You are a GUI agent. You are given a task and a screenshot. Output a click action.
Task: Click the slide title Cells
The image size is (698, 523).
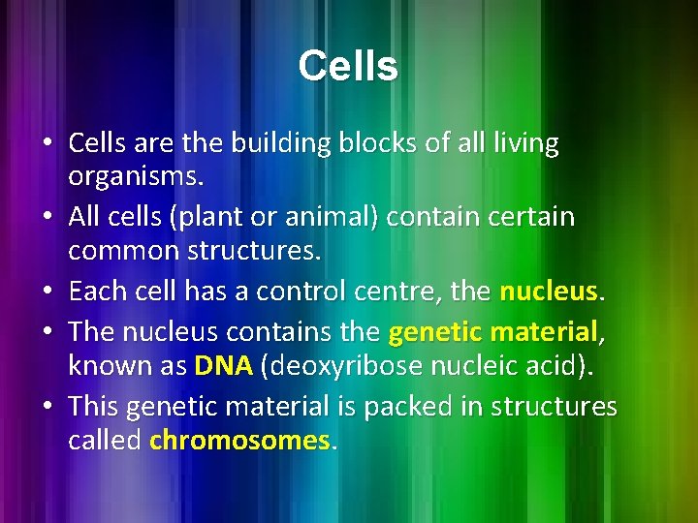coord(348,67)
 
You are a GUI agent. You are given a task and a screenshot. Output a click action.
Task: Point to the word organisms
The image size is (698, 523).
coord(137,178)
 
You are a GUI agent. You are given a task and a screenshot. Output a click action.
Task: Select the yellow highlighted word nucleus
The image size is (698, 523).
coord(548,292)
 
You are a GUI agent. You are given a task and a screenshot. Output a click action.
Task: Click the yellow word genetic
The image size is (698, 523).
coord(434,332)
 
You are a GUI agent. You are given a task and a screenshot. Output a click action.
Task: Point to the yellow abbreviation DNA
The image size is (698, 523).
coord(223,366)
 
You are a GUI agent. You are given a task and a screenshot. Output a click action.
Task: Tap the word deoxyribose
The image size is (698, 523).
coord(335,366)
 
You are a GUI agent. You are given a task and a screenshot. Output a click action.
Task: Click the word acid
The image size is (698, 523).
coord(547,366)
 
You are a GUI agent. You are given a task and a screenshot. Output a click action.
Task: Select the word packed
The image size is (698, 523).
coord(389,407)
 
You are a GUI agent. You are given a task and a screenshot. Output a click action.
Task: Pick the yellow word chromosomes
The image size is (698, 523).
coord(238,441)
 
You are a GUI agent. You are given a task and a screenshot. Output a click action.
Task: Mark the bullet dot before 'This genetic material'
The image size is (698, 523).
coord(48,408)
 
